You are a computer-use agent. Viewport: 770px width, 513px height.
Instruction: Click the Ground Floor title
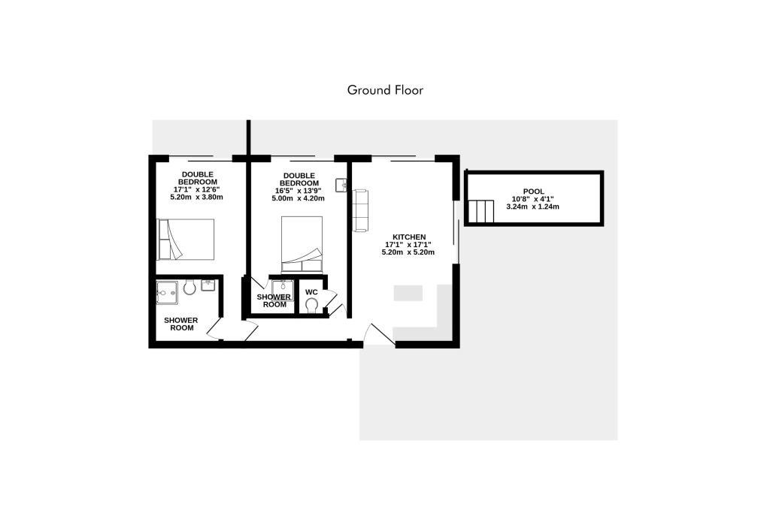[x=385, y=90]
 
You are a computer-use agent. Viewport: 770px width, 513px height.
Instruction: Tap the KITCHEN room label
[x=409, y=237]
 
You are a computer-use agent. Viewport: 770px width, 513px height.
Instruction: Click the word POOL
[x=533, y=192]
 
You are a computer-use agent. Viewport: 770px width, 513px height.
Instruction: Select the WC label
[x=311, y=292]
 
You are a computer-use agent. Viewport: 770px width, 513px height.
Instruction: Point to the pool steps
[x=480, y=211]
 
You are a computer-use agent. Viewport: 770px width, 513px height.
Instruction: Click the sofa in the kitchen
[x=360, y=210]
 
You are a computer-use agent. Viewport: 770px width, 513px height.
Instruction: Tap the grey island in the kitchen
[x=408, y=293]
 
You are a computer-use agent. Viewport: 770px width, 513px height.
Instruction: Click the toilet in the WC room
[x=311, y=306]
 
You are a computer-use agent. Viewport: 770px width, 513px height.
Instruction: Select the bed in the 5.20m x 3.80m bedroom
[x=186, y=240]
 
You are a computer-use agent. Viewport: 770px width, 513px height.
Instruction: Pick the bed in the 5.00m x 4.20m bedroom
[x=302, y=245]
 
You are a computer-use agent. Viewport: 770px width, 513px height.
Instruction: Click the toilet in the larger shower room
[x=189, y=287]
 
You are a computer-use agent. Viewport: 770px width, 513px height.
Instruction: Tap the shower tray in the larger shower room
[x=167, y=292]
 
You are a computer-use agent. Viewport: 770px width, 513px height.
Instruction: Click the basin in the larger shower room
[x=208, y=285]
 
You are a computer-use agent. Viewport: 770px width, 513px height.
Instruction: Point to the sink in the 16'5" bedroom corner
[x=341, y=185]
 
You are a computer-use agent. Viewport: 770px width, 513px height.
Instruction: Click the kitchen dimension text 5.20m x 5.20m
[x=408, y=252]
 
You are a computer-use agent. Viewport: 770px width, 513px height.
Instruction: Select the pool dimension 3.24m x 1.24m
[x=533, y=207]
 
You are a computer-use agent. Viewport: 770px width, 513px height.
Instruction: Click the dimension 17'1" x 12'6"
[x=196, y=189]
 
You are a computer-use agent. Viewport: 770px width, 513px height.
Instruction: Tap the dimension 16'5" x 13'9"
[x=298, y=191]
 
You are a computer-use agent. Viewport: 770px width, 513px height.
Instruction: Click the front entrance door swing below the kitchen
[x=379, y=334]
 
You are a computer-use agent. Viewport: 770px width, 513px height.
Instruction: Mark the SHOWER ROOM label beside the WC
[x=274, y=300]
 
